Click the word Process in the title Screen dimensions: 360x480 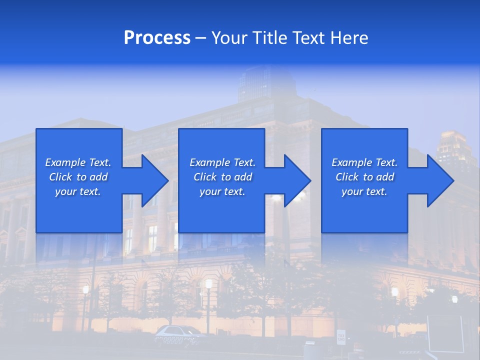pyautogui.click(x=157, y=38)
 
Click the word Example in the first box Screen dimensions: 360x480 pyautogui.click(x=65, y=162)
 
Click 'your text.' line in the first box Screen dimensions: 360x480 pyautogui.click(x=78, y=191)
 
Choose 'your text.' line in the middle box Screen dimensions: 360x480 pyautogui.click(x=222, y=191)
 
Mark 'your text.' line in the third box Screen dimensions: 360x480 pyautogui.click(x=364, y=191)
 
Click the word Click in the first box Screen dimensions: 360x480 pyautogui.click(x=60, y=177)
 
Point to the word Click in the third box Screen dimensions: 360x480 pyautogui.click(x=347, y=177)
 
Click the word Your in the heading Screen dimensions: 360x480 pyautogui.click(x=229, y=38)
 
